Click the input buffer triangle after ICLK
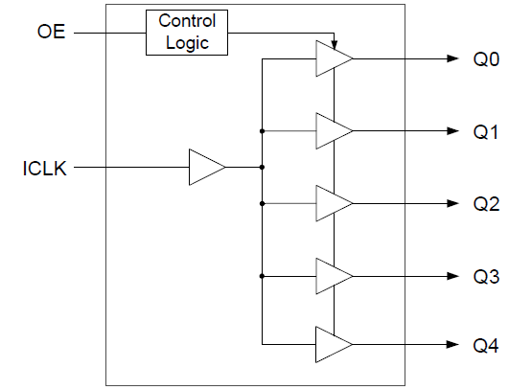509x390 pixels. click(x=205, y=167)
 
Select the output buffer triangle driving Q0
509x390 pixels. click(x=332, y=58)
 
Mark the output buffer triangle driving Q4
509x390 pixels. click(x=332, y=345)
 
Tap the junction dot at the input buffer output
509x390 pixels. click(x=262, y=167)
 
